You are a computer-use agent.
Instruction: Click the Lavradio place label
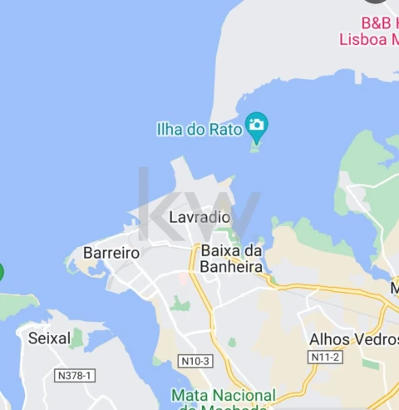click(199, 217)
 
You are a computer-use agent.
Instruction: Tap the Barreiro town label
click(111, 253)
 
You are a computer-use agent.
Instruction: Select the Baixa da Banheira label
click(231, 259)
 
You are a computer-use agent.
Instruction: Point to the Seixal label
click(49, 338)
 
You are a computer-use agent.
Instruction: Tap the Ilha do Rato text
click(199, 129)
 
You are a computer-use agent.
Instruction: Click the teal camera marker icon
click(257, 126)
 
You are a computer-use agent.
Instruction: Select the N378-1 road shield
click(75, 376)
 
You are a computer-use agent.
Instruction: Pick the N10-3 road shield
click(195, 361)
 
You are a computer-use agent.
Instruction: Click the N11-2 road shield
click(325, 357)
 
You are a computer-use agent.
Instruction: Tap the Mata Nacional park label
click(223, 395)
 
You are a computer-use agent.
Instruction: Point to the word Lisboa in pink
click(363, 39)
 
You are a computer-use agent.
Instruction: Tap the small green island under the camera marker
click(255, 148)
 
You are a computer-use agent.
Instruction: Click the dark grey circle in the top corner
click(377, 2)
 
